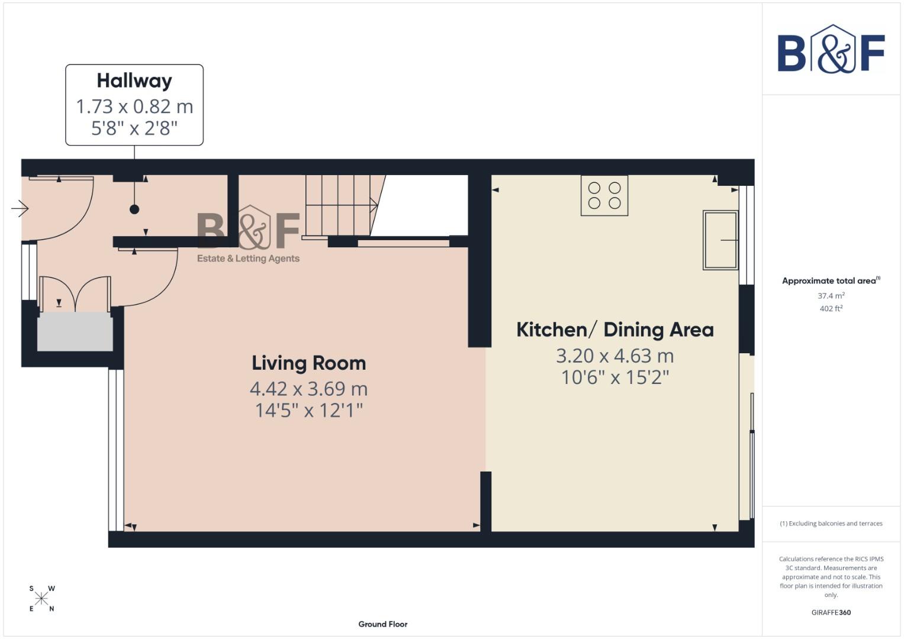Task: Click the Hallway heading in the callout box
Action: tap(134, 80)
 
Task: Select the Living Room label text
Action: tap(308, 363)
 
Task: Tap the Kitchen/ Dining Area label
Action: tap(615, 330)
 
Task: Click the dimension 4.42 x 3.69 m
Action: tap(308, 389)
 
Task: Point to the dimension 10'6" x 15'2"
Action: tap(615, 377)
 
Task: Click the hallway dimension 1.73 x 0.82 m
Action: tap(134, 106)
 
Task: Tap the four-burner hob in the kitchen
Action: tap(604, 195)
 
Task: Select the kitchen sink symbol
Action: tap(720, 240)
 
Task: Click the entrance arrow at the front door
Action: tap(20, 208)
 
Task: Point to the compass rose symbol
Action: tap(41, 598)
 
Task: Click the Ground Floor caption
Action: tap(382, 624)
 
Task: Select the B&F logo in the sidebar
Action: tap(831, 50)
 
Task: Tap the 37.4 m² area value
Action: tap(831, 296)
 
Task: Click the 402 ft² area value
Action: tap(831, 308)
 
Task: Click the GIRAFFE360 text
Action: tap(831, 612)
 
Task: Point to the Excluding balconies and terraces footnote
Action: tap(831, 524)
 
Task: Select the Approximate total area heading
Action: tap(830, 281)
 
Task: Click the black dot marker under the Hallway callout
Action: tap(134, 209)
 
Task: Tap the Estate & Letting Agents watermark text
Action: tap(248, 259)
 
